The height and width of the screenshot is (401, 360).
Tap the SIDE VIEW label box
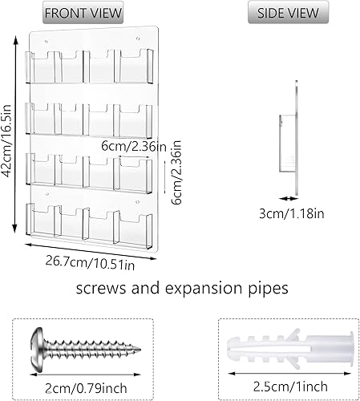point(286,14)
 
